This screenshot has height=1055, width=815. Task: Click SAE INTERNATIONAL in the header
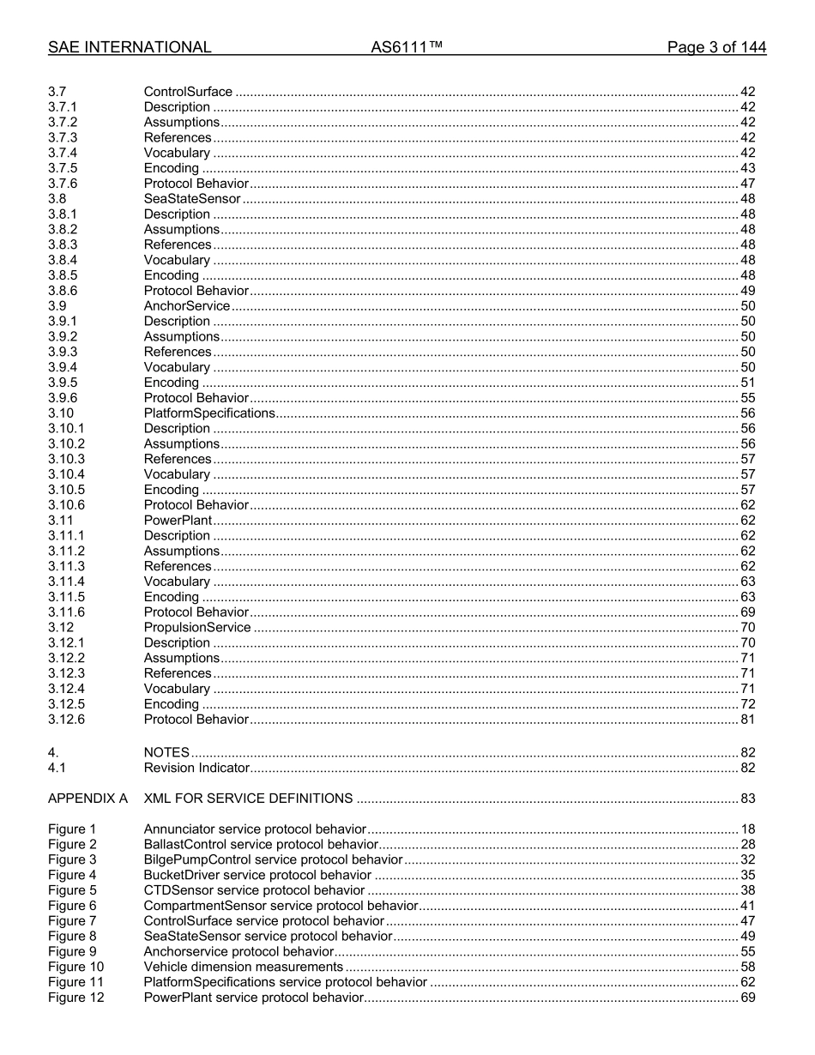pyautogui.click(x=130, y=48)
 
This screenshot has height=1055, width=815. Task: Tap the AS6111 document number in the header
pyautogui.click(x=407, y=48)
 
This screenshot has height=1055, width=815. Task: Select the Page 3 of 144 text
pyautogui.click(x=716, y=48)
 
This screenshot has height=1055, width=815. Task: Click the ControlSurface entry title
pyautogui.click(x=188, y=92)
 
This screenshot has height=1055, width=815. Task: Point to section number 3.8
pyautogui.click(x=57, y=199)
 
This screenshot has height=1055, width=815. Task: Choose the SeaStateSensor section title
pyautogui.click(x=192, y=199)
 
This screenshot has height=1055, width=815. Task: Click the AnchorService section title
pyautogui.click(x=187, y=306)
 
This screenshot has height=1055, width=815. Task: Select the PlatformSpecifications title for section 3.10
pyautogui.click(x=209, y=413)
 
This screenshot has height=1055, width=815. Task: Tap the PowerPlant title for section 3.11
pyautogui.click(x=178, y=521)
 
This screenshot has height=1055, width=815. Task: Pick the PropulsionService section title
pyautogui.click(x=197, y=628)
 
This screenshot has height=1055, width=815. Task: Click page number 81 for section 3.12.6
pyautogui.click(x=747, y=720)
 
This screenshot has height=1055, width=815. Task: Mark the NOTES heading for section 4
pyautogui.click(x=166, y=753)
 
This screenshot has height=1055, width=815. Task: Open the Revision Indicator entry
pyautogui.click(x=196, y=769)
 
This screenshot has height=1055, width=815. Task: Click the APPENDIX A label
pyautogui.click(x=88, y=799)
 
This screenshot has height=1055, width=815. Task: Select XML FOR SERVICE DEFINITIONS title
pyautogui.click(x=248, y=799)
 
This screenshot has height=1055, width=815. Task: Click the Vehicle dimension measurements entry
pyautogui.click(x=244, y=968)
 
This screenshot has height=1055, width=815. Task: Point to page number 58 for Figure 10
pyautogui.click(x=747, y=968)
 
